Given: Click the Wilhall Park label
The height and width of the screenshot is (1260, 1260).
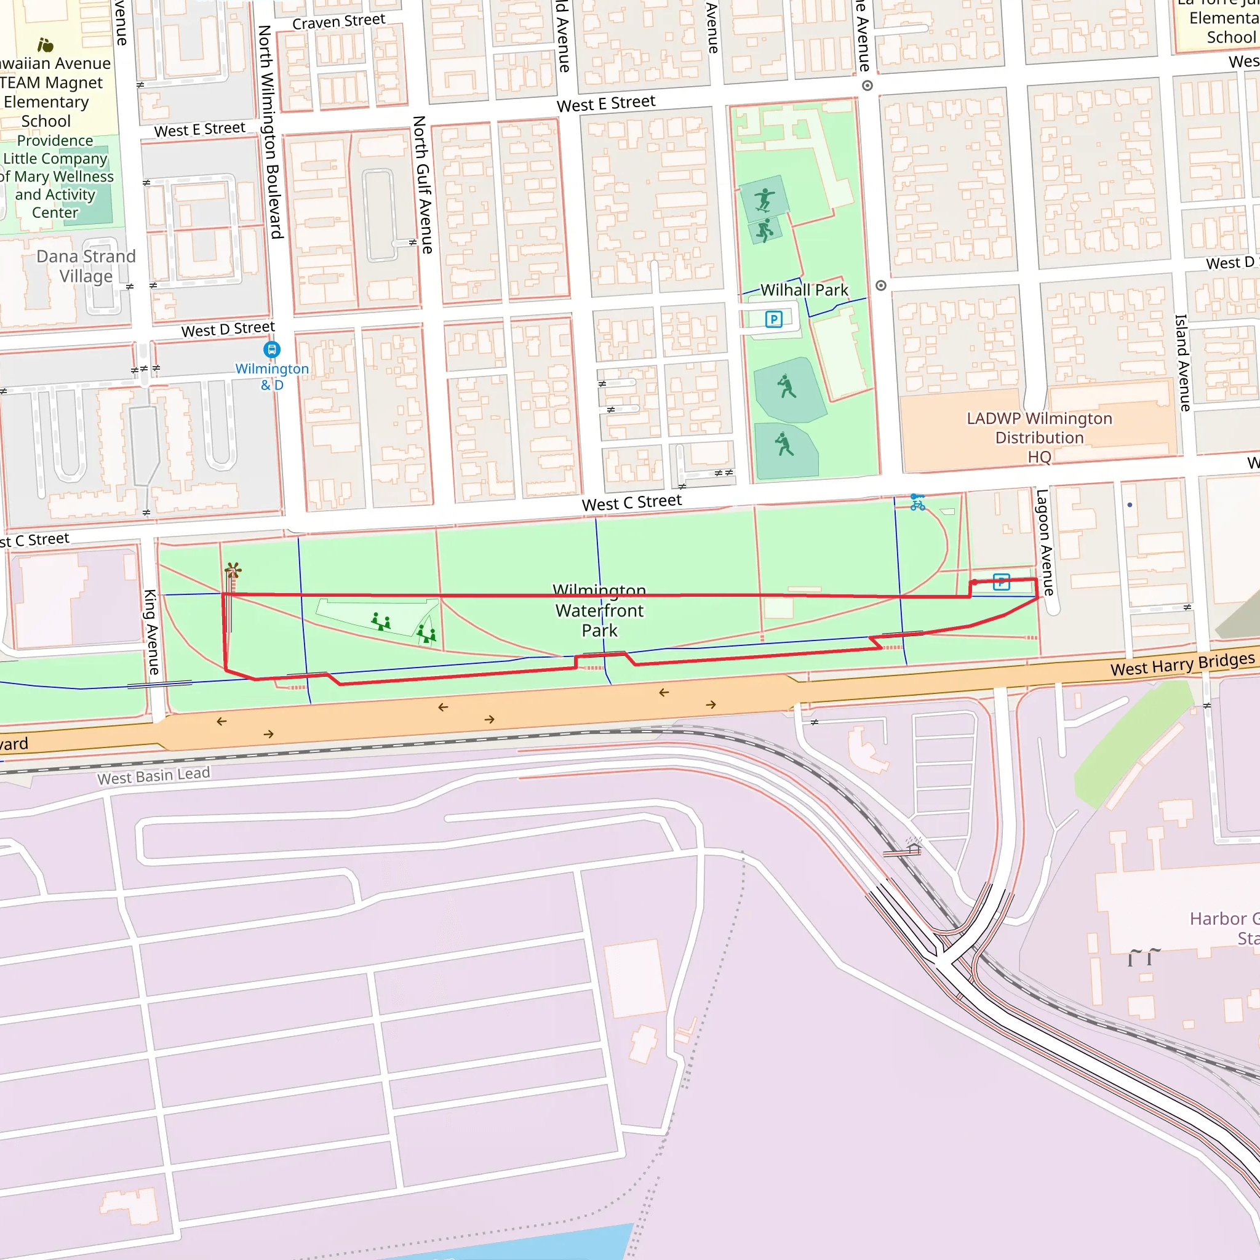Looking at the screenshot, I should [803, 290].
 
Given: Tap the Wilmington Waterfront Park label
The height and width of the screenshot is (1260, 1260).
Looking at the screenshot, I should [599, 610].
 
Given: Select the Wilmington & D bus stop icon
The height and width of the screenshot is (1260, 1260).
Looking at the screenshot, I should [272, 349].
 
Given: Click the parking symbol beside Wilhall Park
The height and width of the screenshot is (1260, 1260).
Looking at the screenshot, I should [773, 319].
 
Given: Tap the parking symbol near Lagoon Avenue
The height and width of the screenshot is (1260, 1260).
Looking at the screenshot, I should [1001, 582].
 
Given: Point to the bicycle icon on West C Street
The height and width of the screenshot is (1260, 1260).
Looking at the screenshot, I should [917, 502].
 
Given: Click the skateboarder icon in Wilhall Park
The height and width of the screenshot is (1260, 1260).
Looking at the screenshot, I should [764, 199].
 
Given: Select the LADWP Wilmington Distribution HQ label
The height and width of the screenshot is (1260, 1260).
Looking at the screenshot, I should [1039, 437].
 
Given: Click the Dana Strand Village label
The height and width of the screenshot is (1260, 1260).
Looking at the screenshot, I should [86, 266].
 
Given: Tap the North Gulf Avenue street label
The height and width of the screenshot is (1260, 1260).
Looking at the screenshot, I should [422, 185].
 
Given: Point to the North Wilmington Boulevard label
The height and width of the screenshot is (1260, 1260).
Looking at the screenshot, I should [270, 132].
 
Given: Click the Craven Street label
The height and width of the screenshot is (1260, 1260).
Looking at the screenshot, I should [338, 22].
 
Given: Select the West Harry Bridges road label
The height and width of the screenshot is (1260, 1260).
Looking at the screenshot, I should [1182, 664].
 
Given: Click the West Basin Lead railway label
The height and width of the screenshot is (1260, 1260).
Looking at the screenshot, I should [154, 776].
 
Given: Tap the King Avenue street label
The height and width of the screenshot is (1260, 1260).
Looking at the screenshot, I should [151, 632].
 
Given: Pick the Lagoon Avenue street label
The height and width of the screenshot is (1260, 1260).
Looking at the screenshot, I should [1045, 542].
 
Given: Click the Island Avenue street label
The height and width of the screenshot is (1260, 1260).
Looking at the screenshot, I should [1182, 362].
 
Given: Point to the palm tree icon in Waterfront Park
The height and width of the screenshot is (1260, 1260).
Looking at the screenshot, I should [233, 571].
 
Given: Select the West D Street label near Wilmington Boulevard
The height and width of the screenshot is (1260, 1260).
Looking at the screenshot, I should [228, 329].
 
